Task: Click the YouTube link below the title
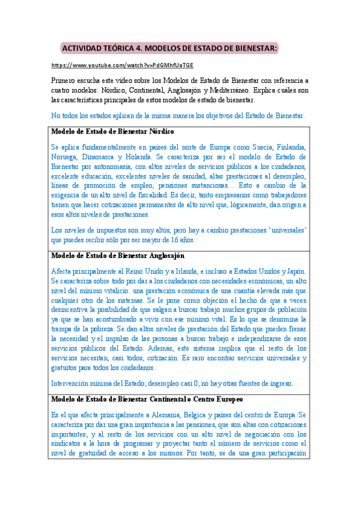coord(123,65)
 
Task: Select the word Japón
coord(294,271)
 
